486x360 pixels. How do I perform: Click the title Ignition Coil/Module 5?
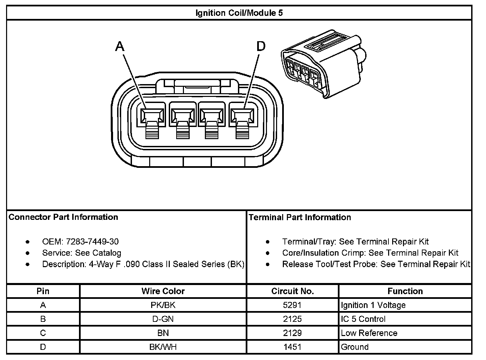239,13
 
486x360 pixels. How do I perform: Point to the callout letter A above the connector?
120,47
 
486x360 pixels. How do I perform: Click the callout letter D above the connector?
261,46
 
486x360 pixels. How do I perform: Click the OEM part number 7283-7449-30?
92,241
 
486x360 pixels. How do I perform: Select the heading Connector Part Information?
63,217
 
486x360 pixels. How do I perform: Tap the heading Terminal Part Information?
300,217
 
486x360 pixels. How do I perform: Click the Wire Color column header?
163,291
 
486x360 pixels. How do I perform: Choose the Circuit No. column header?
293,291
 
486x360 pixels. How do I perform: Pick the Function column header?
405,291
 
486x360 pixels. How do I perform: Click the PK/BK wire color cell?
163,305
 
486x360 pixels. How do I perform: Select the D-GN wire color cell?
163,319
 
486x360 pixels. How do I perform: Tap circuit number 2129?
293,333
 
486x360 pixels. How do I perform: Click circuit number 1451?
293,347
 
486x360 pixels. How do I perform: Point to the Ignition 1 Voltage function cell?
373,305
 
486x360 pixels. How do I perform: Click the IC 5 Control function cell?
363,319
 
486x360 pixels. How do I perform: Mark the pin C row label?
43,333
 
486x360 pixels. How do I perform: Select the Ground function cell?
355,347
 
